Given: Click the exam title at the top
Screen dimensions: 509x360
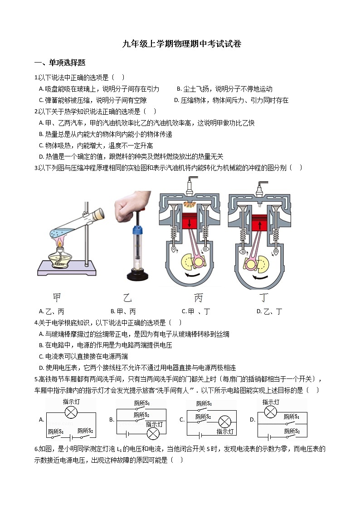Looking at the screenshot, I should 182,44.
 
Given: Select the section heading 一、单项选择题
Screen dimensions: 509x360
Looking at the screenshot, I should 60,63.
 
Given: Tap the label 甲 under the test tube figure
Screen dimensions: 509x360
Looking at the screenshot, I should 57,297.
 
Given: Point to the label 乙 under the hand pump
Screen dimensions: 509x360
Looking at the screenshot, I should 127,298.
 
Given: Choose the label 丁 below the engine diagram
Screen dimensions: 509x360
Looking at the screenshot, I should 263,298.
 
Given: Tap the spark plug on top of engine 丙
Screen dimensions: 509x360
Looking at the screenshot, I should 189,186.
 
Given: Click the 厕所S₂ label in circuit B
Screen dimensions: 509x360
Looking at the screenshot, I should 141,415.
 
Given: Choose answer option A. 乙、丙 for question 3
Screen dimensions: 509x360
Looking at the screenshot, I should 52,311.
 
